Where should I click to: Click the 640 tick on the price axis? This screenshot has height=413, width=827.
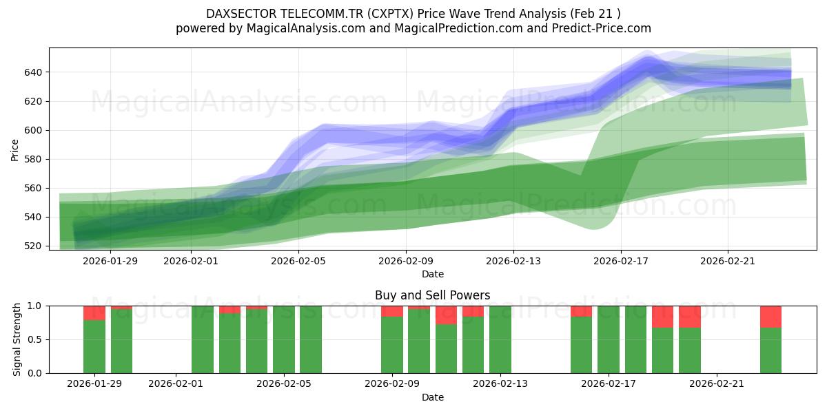click(x=34, y=72)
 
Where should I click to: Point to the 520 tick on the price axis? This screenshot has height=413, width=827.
click(x=34, y=246)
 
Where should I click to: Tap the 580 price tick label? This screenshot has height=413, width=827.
click(x=34, y=159)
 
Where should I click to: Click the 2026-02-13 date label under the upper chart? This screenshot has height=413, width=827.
click(x=513, y=261)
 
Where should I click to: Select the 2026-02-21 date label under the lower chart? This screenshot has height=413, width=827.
click(x=717, y=384)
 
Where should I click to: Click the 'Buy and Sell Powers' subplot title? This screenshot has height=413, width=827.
click(x=432, y=295)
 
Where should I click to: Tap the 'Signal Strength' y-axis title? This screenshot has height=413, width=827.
click(x=17, y=339)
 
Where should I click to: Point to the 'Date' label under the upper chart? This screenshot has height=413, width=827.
click(x=432, y=274)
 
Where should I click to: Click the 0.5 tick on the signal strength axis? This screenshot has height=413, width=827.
click(x=34, y=339)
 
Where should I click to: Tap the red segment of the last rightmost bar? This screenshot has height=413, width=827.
click(x=770, y=317)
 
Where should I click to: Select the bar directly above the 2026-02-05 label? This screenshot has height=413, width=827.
click(x=283, y=339)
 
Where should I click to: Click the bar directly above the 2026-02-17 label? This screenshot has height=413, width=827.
click(x=609, y=339)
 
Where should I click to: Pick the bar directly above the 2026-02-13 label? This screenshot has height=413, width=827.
click(x=500, y=339)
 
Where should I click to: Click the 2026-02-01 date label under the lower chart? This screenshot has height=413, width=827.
click(x=176, y=384)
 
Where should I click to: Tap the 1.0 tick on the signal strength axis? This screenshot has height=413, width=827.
click(x=34, y=306)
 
